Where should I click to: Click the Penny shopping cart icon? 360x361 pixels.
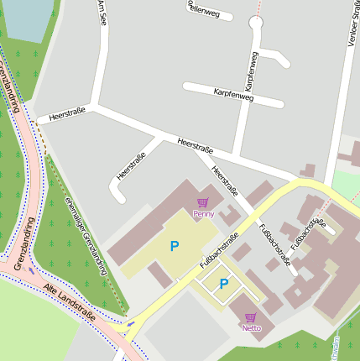(x=202, y=202)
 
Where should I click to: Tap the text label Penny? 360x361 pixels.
(x=203, y=214)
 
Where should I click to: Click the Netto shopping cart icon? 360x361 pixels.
(x=250, y=317)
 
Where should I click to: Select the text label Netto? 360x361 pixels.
(x=251, y=328)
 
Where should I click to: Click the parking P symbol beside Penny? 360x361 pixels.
(x=175, y=246)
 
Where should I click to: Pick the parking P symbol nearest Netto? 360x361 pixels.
(x=224, y=285)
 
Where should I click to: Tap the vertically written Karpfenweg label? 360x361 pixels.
(x=250, y=71)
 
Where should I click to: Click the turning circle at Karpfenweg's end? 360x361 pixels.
(x=257, y=23)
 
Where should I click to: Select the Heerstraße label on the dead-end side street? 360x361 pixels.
(x=132, y=165)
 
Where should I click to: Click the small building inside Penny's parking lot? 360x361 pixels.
(x=159, y=275)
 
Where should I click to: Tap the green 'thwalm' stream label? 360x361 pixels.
(x=336, y=347)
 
